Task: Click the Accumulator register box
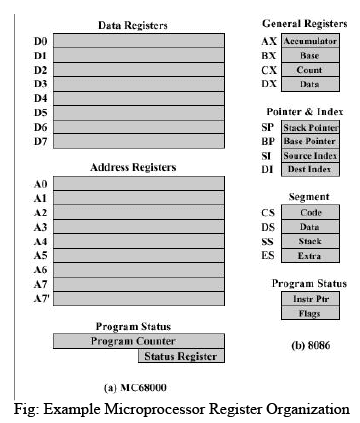pyautogui.click(x=309, y=41)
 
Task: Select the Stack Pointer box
pyautogui.click(x=308, y=127)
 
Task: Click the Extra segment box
pyautogui.click(x=308, y=257)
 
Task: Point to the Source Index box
pyautogui.click(x=308, y=156)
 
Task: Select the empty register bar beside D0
pyautogui.click(x=138, y=42)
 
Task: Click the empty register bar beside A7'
pyautogui.click(x=138, y=298)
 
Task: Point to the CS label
pyautogui.click(x=269, y=214)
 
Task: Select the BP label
pyautogui.click(x=268, y=142)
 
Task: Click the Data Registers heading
pyautogui.click(x=132, y=23)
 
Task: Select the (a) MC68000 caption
pyautogui.click(x=137, y=386)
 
